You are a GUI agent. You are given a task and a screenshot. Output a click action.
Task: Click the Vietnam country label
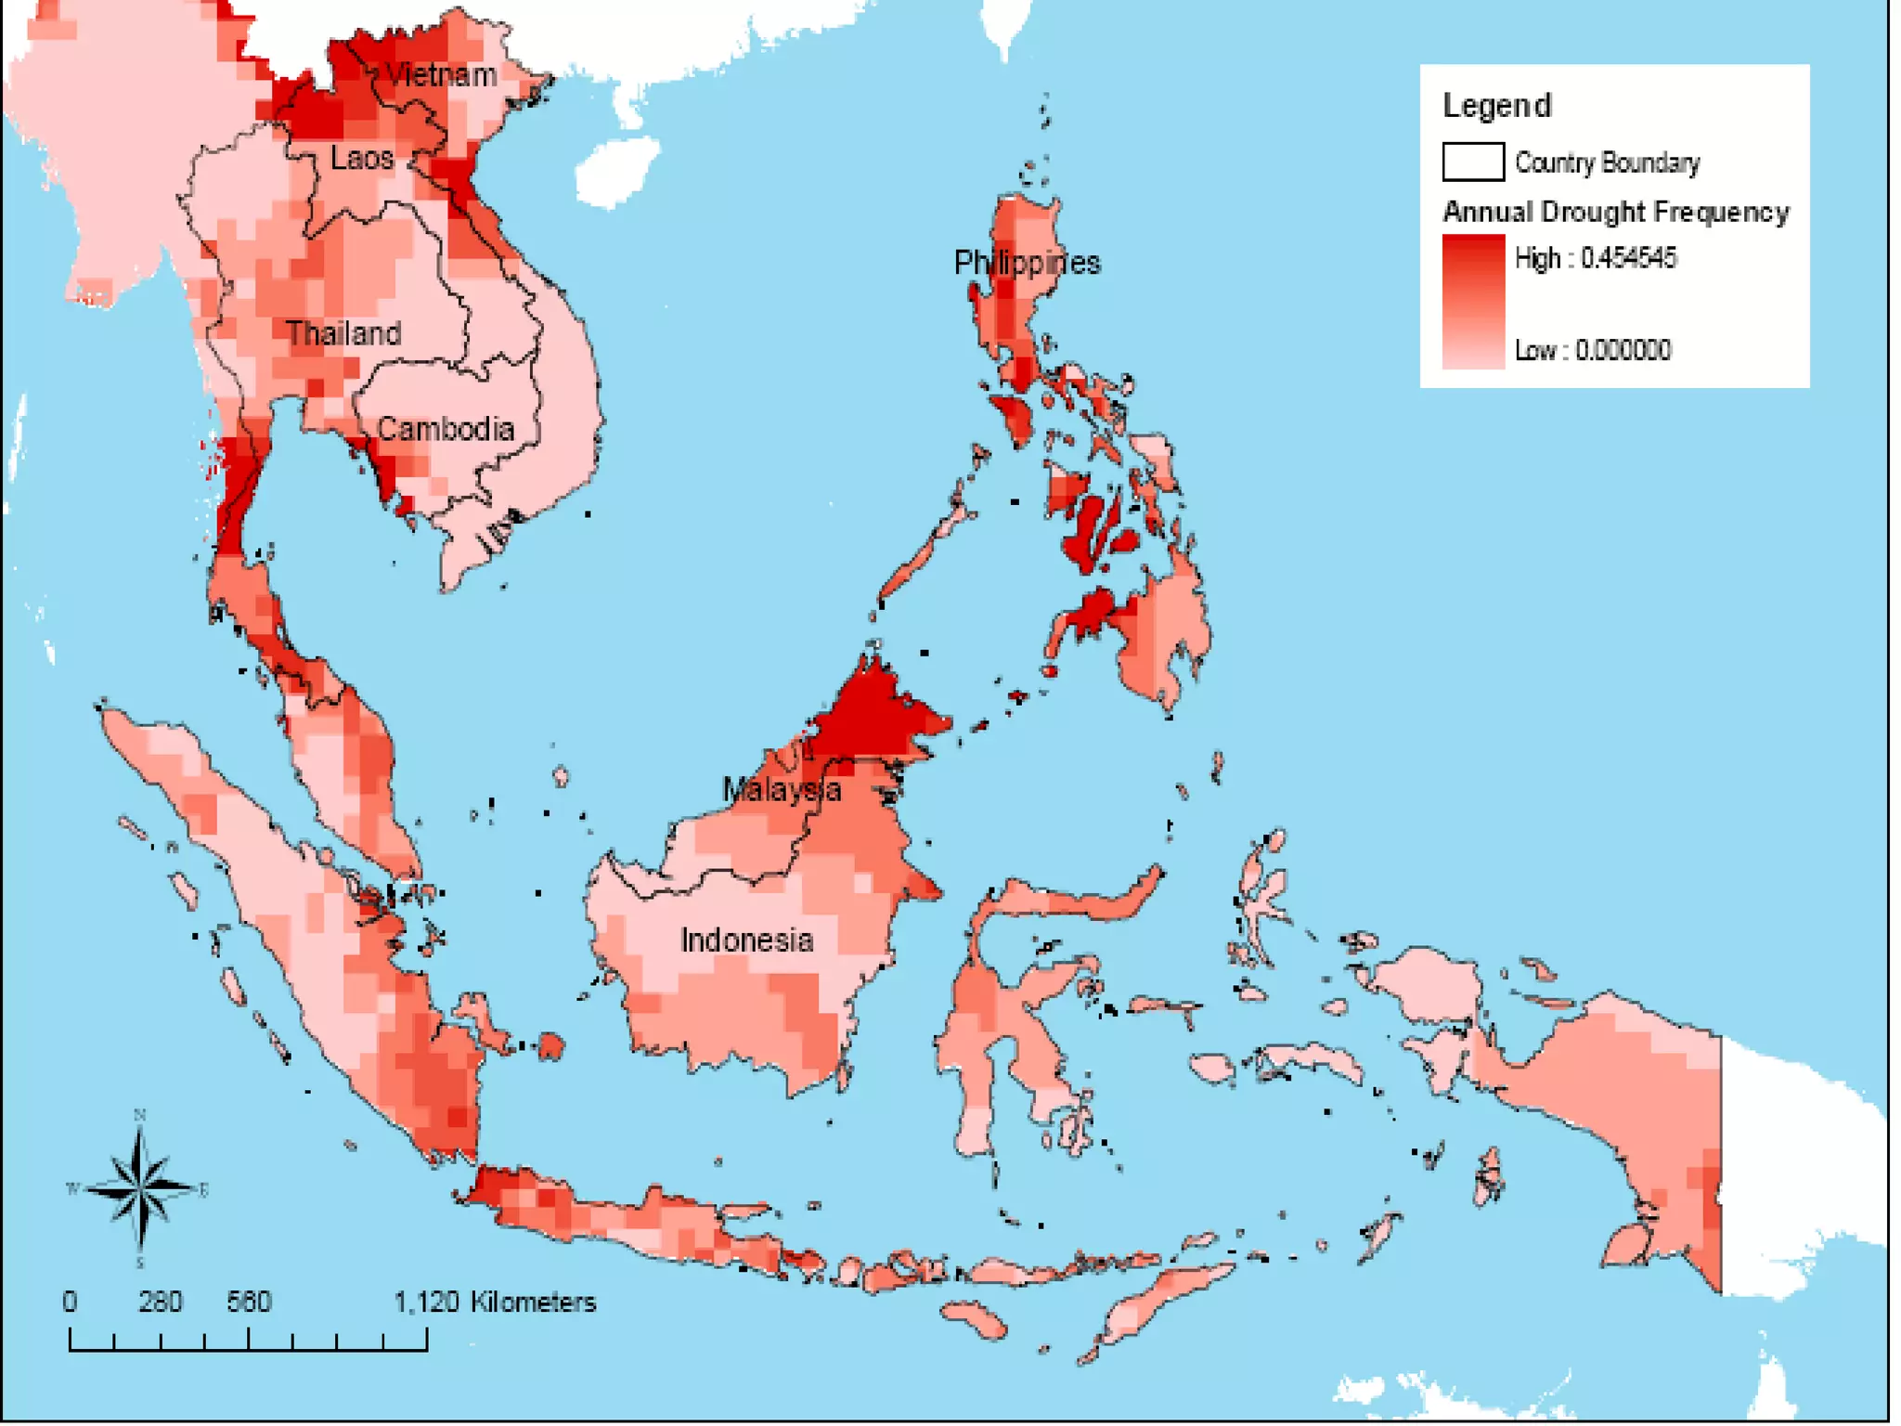(x=441, y=74)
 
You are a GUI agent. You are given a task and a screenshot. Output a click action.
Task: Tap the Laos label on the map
(x=362, y=158)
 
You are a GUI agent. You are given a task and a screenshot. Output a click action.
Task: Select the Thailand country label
(x=343, y=333)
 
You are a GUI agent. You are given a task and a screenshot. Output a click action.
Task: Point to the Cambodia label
(x=446, y=429)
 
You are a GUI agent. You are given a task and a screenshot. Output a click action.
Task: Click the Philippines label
(x=1027, y=263)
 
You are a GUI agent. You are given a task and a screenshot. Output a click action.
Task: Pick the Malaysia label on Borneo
(x=782, y=790)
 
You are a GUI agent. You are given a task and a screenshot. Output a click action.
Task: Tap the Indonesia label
(x=747, y=940)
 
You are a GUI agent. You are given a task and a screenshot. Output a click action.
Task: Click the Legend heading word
(x=1496, y=106)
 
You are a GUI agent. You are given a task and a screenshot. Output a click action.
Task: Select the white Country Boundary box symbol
(x=1473, y=162)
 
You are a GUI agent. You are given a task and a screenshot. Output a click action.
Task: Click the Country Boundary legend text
(x=1607, y=163)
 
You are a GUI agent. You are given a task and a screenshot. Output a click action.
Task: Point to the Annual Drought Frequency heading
(x=1615, y=212)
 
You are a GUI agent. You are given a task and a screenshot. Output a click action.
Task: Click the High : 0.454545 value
(x=1595, y=258)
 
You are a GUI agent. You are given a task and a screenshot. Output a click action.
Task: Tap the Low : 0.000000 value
(x=1593, y=350)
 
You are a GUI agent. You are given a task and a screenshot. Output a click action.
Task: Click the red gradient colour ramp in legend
(x=1473, y=302)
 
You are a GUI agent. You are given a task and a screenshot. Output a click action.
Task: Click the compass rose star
(x=140, y=1187)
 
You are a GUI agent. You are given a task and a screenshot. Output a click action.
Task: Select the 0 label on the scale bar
(x=70, y=1302)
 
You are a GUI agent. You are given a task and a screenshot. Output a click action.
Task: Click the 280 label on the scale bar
(x=160, y=1302)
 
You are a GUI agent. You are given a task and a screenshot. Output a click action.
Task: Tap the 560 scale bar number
(x=249, y=1302)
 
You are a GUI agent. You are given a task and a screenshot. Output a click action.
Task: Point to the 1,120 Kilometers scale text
(x=495, y=1302)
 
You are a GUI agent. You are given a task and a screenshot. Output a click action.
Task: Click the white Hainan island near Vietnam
(x=614, y=172)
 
